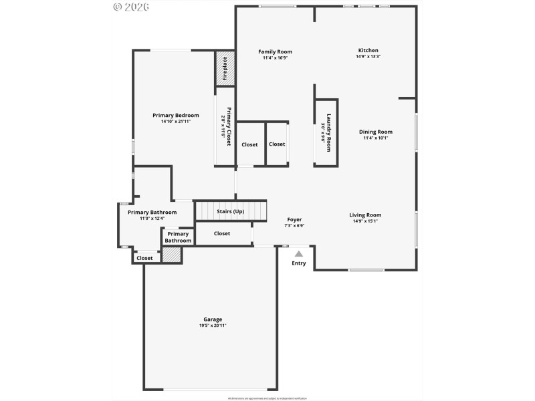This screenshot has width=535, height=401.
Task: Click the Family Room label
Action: point(276,51)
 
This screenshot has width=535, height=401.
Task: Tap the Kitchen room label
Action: point(368,50)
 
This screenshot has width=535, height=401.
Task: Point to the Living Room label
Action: point(365,215)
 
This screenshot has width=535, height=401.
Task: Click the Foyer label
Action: point(294,219)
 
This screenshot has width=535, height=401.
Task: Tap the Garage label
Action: point(213,319)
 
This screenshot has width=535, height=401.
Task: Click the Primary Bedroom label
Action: point(175,115)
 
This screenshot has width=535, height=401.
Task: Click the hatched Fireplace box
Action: point(225,68)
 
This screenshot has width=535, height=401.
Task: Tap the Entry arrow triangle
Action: point(299,253)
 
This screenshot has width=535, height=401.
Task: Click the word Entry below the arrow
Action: point(299,263)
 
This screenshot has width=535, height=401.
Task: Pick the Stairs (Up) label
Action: point(230,212)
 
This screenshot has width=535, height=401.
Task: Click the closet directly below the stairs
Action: point(222,233)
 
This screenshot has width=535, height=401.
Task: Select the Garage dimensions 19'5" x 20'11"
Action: point(213,325)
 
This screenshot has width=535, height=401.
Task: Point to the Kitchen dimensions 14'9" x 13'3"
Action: point(368,57)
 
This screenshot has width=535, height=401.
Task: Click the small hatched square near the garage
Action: point(173,255)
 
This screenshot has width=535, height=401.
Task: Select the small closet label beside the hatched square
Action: point(144,258)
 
